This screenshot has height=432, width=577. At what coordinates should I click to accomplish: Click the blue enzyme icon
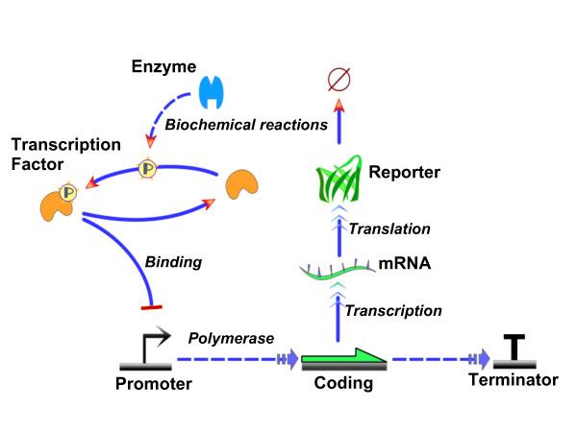pos(212,93)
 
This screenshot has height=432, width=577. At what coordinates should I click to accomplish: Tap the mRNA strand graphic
pos(338,271)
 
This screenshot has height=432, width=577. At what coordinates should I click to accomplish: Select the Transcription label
pos(393,310)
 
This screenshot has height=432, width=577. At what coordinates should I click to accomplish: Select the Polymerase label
pos(232,340)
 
